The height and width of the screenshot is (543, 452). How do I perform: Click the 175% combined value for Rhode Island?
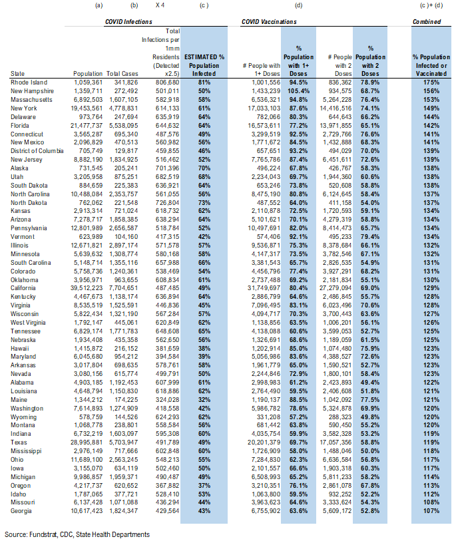click(429, 82)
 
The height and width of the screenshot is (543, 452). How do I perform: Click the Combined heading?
click(426, 22)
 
